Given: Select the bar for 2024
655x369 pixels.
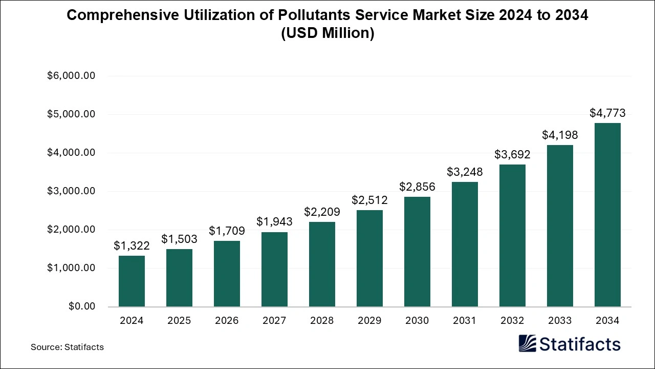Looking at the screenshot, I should tap(132, 281).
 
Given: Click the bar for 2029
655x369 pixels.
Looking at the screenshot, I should tap(369, 258).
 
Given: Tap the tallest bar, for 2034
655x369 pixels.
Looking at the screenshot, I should tap(607, 215).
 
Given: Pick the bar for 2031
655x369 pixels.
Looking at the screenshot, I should tap(465, 244).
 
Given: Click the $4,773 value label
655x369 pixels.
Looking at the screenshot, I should tap(607, 113).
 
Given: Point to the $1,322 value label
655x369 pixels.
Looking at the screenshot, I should tap(132, 245).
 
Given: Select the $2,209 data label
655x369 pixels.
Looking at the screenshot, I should tap(322, 211).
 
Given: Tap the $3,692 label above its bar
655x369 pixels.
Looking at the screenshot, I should tap(512, 154).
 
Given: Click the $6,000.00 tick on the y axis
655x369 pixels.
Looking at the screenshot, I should tap(71, 76).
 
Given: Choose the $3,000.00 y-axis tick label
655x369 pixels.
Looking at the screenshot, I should tap(71, 191).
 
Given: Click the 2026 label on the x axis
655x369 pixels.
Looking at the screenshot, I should tap(227, 321).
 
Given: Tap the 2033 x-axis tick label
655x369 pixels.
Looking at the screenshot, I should tap(560, 321).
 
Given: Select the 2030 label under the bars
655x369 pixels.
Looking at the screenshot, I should tap(417, 321).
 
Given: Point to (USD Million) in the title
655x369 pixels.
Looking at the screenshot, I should tap(327, 33).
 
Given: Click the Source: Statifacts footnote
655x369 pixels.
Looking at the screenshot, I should tap(67, 347).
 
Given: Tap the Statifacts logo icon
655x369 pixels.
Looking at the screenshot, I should tap(527, 343).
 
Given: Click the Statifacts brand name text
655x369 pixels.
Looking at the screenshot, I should tap(580, 344).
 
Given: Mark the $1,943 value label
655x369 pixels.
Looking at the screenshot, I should tap(274, 221).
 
